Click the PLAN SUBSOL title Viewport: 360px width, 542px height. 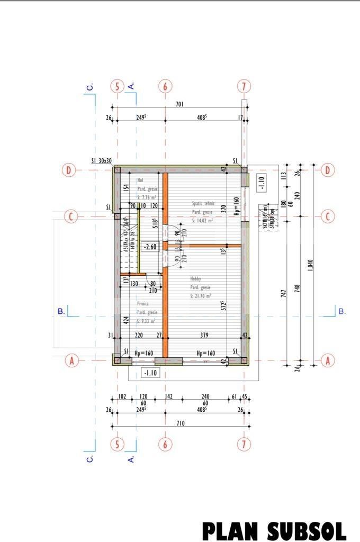tap(274, 530)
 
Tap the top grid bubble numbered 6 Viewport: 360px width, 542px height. tap(165, 86)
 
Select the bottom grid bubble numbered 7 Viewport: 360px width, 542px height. tap(243, 444)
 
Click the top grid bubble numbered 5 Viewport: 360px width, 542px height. tap(117, 86)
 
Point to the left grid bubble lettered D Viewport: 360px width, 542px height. tap(69, 170)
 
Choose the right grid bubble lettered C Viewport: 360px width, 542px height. tap(328, 216)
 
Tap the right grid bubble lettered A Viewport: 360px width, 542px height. tap(328, 360)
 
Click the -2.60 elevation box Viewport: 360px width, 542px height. tap(150, 246)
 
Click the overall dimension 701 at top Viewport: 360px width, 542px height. tap(179, 104)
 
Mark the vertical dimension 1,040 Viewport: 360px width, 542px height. tap(310, 265)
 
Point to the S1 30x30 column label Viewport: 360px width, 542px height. tap(101, 161)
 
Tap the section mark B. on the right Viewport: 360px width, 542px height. tap(341, 311)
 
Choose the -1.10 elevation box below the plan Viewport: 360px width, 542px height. tap(150, 373)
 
